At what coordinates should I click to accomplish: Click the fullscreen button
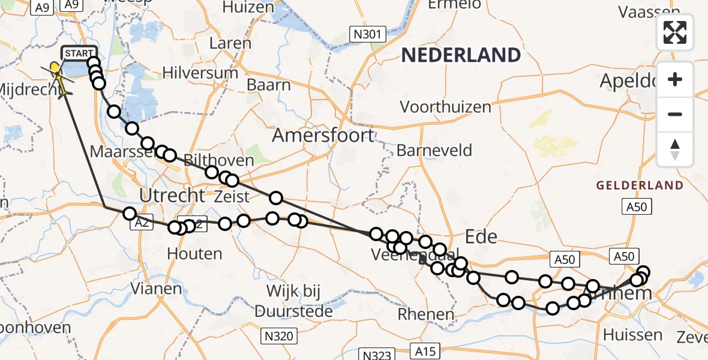click(675, 32)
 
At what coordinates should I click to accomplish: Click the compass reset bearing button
click(675, 149)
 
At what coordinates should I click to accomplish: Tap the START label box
click(79, 54)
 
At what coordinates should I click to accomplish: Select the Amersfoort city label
click(323, 135)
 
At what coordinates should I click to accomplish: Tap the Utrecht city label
click(172, 195)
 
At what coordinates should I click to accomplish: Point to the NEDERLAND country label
click(461, 55)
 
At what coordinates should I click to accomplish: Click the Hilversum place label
click(204, 73)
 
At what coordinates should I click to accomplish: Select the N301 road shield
click(367, 34)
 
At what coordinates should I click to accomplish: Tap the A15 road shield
click(425, 350)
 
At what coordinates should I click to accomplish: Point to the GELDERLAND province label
click(640, 185)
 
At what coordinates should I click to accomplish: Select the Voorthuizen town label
click(445, 107)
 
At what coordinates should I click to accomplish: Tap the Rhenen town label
click(426, 314)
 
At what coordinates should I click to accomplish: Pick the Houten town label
click(194, 254)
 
